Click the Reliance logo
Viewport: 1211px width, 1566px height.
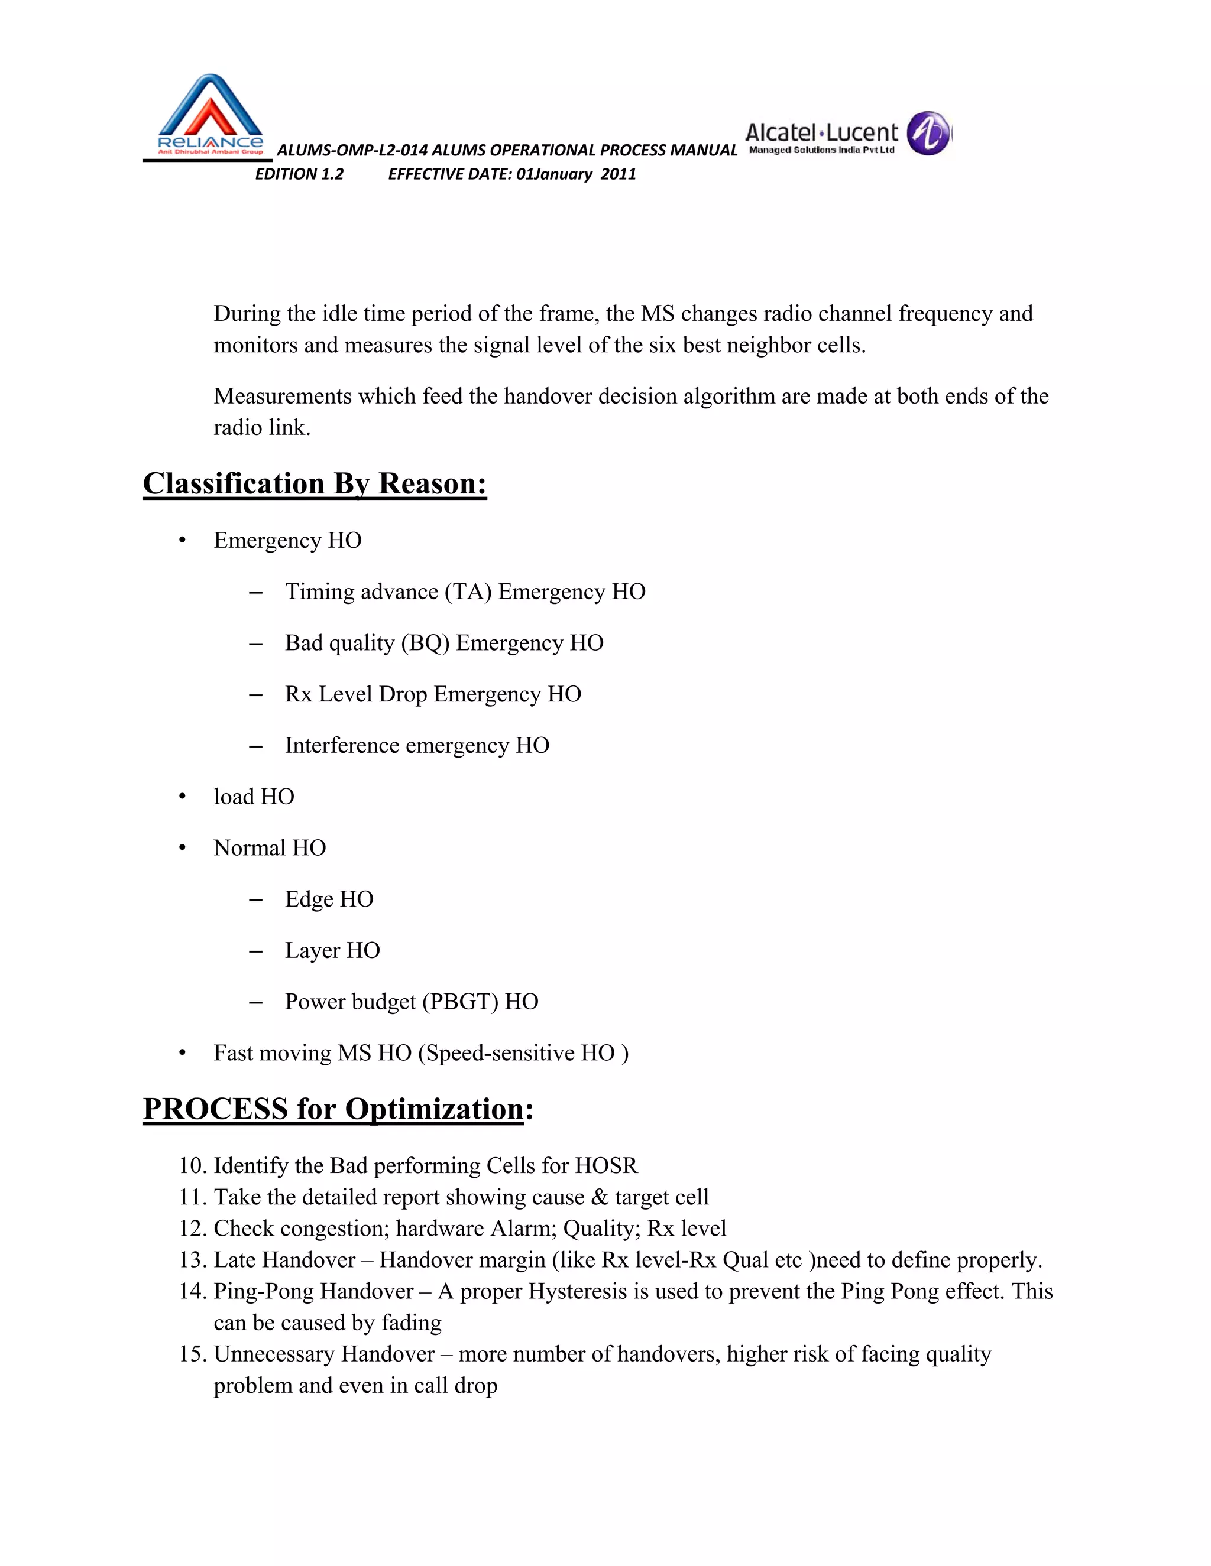(209, 115)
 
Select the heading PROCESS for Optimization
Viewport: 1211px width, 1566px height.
(337, 1109)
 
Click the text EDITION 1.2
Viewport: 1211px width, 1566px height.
(299, 174)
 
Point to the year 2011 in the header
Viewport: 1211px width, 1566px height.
(619, 174)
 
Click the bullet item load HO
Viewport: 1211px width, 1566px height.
(254, 797)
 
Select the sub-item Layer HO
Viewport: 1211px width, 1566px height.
(332, 950)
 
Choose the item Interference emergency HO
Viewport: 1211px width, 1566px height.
(417, 746)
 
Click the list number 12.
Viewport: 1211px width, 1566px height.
(192, 1229)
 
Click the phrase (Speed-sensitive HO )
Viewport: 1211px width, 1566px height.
(524, 1052)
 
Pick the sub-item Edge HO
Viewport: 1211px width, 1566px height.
(329, 899)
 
